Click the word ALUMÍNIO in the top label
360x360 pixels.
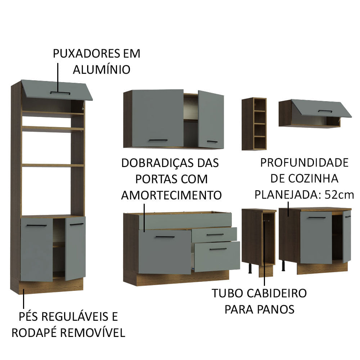coord(102,69)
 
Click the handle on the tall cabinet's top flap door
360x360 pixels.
coord(60,93)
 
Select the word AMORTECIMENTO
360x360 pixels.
coord(171,195)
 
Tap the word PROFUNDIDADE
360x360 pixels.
coord(304,163)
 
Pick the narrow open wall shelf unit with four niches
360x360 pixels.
coord(254,123)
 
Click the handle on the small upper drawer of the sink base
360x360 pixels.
coord(215,235)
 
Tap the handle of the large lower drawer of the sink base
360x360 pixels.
coord(218,249)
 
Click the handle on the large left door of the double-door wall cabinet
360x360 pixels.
coord(158,140)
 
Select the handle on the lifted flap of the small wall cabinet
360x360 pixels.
coord(325,111)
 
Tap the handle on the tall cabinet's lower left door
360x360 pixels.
coord(37,226)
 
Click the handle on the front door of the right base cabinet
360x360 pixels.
coord(317,217)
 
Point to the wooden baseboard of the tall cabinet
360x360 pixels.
coord(50,286)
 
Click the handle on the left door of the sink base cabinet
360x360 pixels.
coord(165,237)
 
